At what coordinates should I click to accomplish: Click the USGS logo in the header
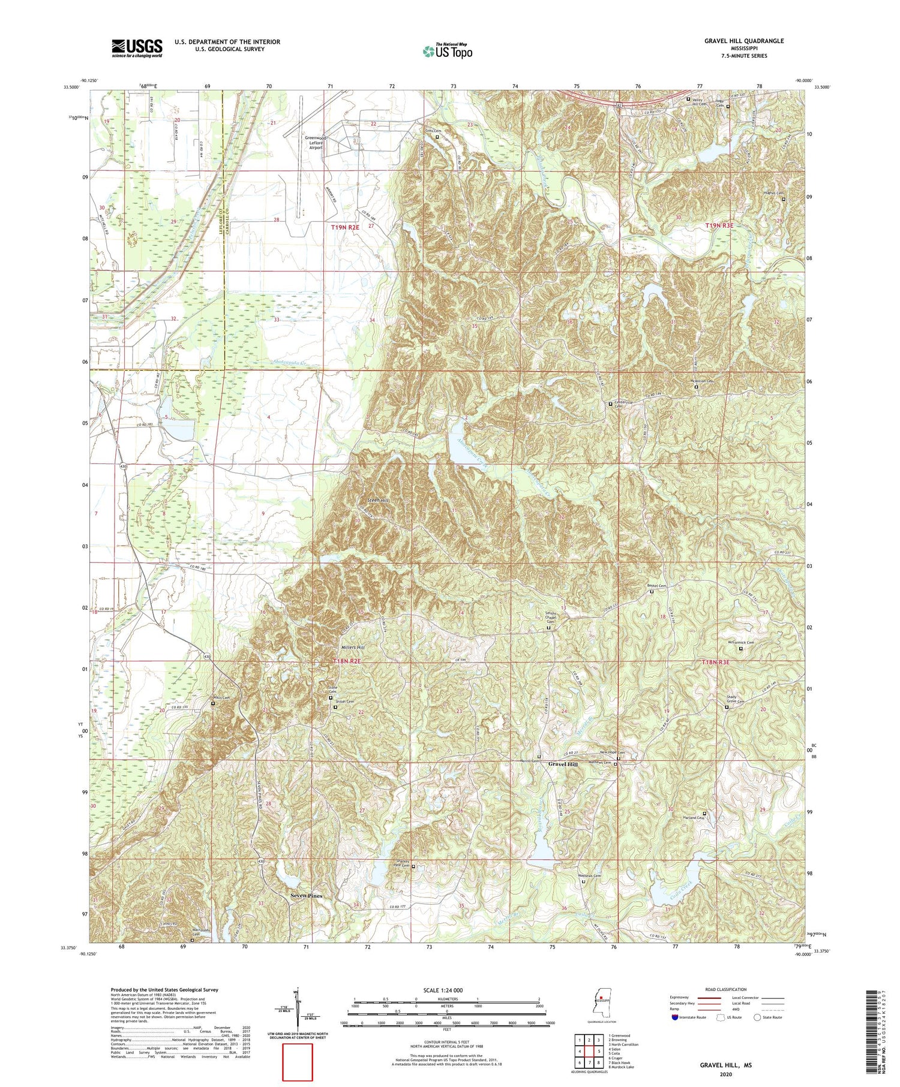pos(137,48)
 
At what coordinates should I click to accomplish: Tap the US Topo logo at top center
pos(447,51)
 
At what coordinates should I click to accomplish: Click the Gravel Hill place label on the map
pos(563,764)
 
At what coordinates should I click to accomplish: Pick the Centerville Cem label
pos(619,408)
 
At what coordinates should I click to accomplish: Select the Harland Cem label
pos(694,818)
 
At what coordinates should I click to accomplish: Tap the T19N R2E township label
pos(346,227)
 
